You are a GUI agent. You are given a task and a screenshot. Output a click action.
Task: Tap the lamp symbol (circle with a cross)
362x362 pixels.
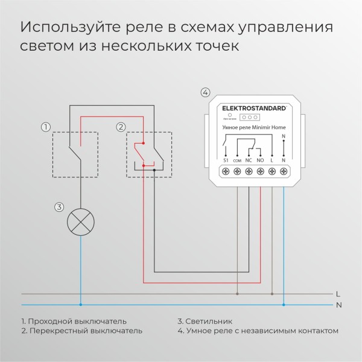(81, 221)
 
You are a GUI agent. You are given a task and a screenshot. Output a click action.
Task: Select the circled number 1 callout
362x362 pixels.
(45, 127)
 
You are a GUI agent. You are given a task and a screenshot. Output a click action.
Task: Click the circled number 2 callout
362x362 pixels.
(121, 127)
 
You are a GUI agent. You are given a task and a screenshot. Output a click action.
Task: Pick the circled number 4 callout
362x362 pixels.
(205, 92)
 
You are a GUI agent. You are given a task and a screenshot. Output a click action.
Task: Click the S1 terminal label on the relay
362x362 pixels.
(225, 160)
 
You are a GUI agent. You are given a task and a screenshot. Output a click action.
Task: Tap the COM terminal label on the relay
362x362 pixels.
(237, 160)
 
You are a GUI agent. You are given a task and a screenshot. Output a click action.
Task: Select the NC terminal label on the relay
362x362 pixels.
(249, 160)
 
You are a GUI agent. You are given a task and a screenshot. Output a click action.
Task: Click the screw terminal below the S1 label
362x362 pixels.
(225, 172)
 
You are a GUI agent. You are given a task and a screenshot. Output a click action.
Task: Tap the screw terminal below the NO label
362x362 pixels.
(261, 172)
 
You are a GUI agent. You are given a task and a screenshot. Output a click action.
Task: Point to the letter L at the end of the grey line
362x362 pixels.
(338, 294)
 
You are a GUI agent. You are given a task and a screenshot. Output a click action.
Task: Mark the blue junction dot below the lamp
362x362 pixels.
(81, 304)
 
